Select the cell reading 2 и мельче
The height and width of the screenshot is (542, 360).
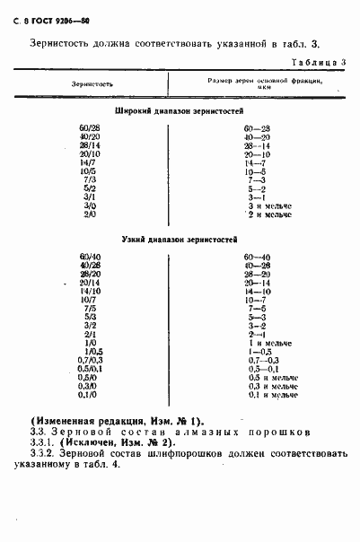click(x=272, y=215)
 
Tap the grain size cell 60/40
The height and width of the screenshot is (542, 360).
click(x=89, y=258)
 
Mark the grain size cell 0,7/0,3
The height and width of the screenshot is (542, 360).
click(x=89, y=360)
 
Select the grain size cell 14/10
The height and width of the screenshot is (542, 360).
click(x=89, y=292)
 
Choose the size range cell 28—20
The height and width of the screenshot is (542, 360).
click(x=256, y=275)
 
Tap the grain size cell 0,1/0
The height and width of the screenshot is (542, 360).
click(x=88, y=394)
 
